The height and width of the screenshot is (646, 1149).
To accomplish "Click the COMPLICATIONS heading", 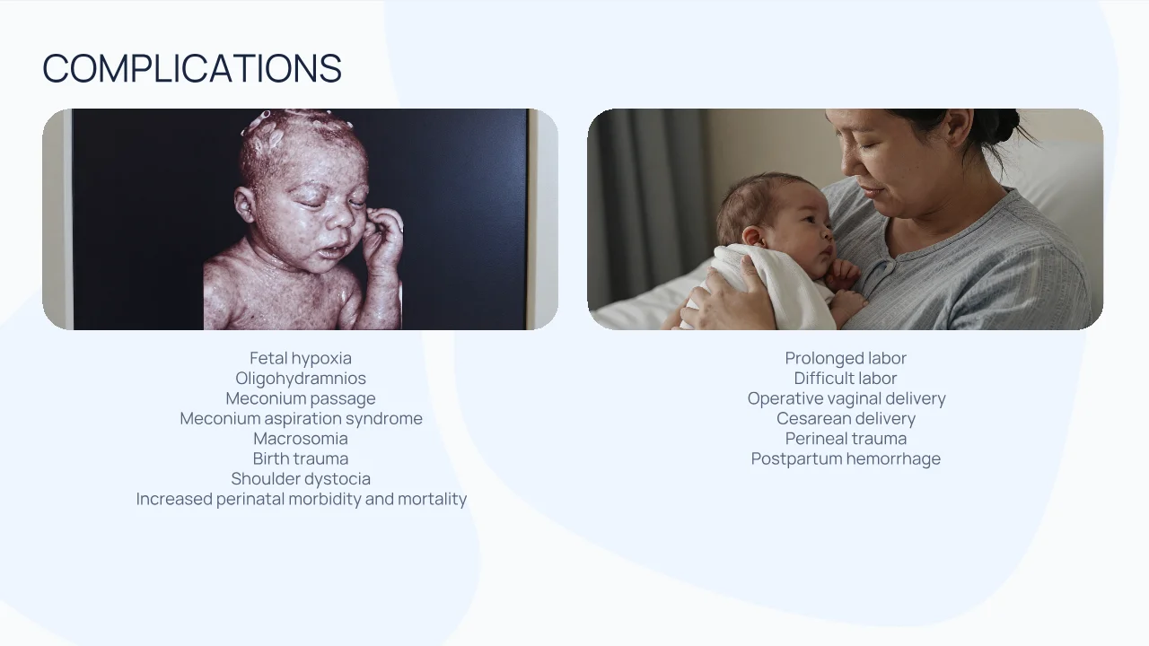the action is pyautogui.click(x=192, y=67).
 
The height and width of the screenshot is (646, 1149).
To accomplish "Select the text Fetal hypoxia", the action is pyautogui.click(x=301, y=358).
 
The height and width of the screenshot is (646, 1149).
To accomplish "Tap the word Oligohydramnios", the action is pyautogui.click(x=301, y=378).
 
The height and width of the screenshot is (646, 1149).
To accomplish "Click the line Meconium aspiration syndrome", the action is pyautogui.click(x=301, y=418).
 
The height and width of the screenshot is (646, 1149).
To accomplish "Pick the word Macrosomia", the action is pyautogui.click(x=301, y=439).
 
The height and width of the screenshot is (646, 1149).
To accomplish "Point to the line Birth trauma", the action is pyautogui.click(x=301, y=458).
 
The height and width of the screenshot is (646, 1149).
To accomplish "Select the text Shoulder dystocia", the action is pyautogui.click(x=301, y=478).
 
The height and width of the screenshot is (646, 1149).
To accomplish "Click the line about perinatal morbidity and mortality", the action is pyautogui.click(x=302, y=499).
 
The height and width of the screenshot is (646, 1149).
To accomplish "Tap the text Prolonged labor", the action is pyautogui.click(x=846, y=358).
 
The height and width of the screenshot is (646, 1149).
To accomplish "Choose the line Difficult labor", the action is pyautogui.click(x=846, y=378).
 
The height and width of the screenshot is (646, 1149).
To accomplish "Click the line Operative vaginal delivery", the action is pyautogui.click(x=846, y=398).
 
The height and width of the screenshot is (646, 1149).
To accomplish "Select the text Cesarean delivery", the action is pyautogui.click(x=846, y=418).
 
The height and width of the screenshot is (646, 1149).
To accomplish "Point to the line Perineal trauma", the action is pyautogui.click(x=846, y=439).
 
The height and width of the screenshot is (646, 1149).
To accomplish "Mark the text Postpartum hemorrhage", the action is pyautogui.click(x=846, y=458).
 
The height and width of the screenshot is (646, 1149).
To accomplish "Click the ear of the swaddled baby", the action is pyautogui.click(x=753, y=238).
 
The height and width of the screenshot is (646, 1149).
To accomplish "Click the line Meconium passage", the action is pyautogui.click(x=301, y=398).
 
